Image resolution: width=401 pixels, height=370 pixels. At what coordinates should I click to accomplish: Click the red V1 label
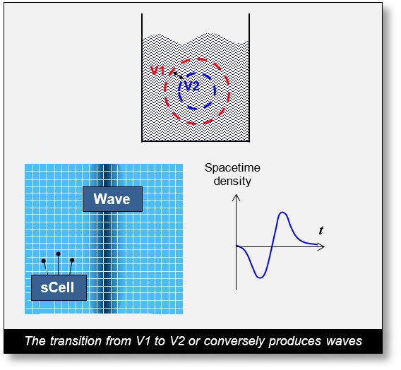pyautogui.click(x=158, y=71)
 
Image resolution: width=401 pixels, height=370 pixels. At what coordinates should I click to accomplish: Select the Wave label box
pyautogui.click(x=112, y=199)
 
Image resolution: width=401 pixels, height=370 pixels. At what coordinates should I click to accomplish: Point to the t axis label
pyautogui.click(x=321, y=231)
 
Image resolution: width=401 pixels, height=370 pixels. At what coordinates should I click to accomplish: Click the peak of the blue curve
pyautogui.click(x=283, y=213)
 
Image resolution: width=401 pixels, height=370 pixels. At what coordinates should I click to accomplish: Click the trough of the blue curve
pyautogui.click(x=260, y=277)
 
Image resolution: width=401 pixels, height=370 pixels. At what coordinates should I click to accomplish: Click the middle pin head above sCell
pyautogui.click(x=58, y=253)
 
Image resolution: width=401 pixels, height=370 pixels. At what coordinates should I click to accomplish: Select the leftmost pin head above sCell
pyautogui.click(x=44, y=261)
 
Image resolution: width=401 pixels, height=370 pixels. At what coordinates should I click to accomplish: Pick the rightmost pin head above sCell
pyautogui.click(x=72, y=261)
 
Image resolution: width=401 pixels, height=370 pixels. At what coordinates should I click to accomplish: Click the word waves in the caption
pyautogui.click(x=345, y=342)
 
